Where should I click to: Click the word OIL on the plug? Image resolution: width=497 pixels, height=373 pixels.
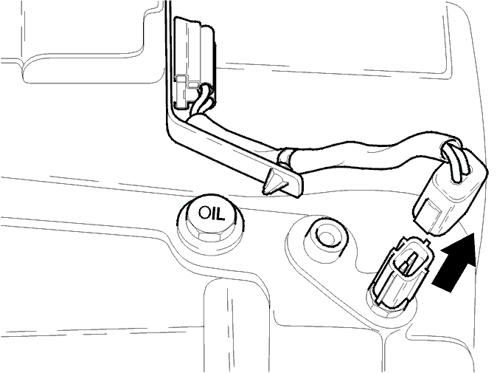click(x=212, y=213)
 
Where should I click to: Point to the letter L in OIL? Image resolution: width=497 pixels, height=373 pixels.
click(x=220, y=215)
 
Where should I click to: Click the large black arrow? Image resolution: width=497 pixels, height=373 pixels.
click(x=456, y=262)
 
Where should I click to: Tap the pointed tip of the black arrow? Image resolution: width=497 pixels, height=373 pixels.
click(x=474, y=233)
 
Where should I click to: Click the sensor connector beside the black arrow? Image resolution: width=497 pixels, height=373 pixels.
click(x=400, y=273)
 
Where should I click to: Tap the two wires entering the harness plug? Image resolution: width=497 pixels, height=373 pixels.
click(x=454, y=162)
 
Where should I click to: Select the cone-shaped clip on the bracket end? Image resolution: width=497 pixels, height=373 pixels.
click(x=274, y=182)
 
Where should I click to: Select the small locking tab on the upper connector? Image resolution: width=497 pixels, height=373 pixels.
click(x=183, y=92)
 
